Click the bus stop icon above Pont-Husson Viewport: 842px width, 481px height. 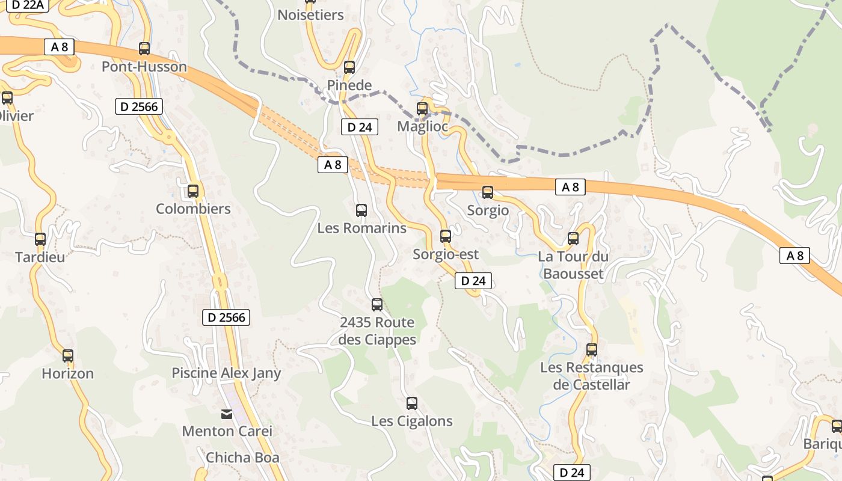144,49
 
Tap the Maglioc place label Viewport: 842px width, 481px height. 423,127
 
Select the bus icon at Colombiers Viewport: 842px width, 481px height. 193,191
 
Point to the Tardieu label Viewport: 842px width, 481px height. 40,257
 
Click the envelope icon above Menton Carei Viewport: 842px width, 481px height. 227,414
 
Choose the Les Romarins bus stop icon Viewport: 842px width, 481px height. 361,210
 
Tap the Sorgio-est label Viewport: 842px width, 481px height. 446,254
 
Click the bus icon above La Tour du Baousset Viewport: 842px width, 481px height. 573,239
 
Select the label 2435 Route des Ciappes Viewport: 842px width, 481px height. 377,331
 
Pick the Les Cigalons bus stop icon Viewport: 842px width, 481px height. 412,403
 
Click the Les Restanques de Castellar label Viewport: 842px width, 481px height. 591,376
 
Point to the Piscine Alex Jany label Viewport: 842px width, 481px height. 226,373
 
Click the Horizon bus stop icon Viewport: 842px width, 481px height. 68,356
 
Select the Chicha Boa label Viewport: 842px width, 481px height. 242,458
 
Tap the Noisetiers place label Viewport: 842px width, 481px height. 310,15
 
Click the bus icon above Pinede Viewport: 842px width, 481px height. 349,67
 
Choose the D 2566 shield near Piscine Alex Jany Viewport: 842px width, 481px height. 226,317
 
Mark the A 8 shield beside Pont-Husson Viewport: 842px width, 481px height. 59,47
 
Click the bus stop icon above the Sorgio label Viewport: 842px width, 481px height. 488,192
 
